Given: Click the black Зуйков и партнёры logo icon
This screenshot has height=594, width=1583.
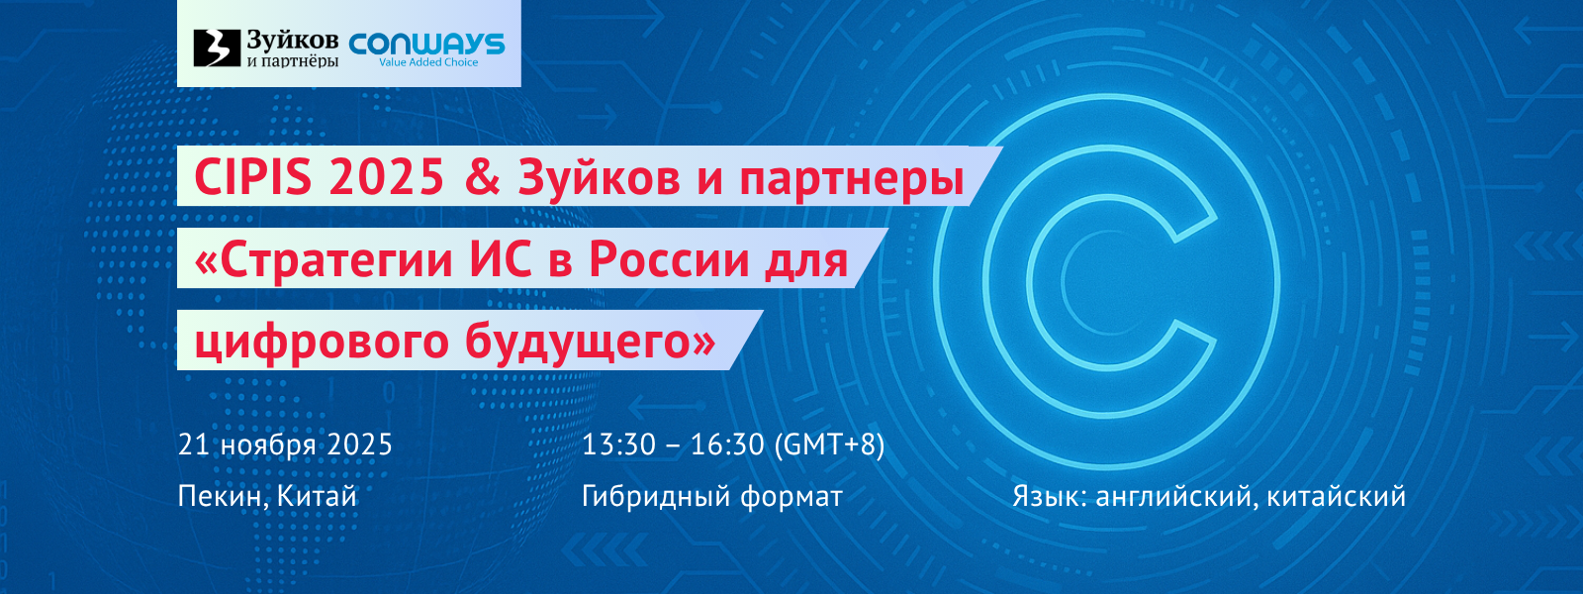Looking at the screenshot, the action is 217,49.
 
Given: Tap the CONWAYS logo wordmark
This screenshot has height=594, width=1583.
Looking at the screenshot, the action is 426,44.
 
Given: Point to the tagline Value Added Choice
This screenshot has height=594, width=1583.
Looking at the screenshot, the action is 428,62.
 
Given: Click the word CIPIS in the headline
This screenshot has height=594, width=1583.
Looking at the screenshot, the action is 252,177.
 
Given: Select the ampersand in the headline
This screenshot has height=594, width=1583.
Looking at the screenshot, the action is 483,177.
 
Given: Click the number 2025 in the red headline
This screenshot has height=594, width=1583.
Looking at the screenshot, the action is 386,177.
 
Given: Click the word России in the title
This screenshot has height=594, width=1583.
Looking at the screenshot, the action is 669,258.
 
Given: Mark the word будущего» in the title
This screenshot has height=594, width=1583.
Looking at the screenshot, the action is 590,342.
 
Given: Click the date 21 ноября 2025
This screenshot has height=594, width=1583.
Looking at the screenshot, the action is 285,445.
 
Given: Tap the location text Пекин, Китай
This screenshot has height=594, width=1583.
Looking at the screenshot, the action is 267,496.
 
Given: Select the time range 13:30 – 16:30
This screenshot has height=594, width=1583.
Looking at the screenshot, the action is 673,445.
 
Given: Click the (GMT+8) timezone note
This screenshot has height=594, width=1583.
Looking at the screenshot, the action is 830,445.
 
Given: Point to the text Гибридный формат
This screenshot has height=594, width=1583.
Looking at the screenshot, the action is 712,496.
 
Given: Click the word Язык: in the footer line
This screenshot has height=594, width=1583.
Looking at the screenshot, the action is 1050,496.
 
